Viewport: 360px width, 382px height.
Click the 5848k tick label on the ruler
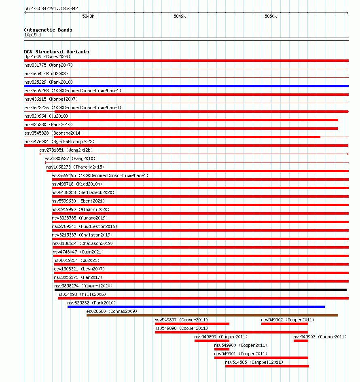88,16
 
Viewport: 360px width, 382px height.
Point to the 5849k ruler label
180,16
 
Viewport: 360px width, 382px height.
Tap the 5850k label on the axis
271,16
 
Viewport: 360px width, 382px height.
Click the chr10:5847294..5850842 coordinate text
51,8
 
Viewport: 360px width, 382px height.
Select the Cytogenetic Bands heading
48,30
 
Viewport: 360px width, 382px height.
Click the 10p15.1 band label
33,35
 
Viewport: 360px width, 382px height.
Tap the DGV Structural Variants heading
57,52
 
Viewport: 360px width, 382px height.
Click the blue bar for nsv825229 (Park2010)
186,86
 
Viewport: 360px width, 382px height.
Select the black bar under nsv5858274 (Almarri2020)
201,290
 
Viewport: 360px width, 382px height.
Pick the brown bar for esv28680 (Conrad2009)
212,315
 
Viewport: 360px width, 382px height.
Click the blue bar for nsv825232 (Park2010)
196,307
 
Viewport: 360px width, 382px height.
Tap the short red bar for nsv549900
222,349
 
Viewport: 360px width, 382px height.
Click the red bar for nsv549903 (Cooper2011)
301,341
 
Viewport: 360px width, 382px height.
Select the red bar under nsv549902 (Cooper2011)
285,324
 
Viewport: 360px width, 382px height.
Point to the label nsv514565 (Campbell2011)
254,362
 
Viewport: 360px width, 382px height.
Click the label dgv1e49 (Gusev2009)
48,57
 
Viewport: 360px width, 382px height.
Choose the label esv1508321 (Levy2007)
79,269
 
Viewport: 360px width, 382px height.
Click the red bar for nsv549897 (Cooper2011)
192,324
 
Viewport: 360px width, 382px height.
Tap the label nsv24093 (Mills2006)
82,294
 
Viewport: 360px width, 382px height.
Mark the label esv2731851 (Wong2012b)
66,150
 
